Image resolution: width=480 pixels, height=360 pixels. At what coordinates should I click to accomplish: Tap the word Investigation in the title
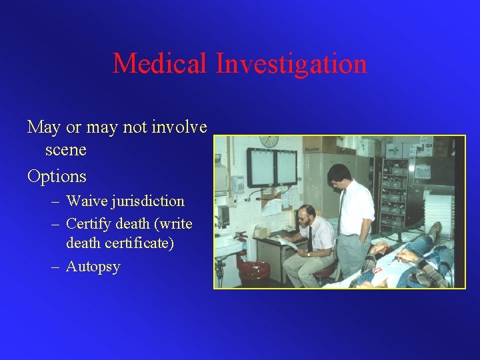point(291,64)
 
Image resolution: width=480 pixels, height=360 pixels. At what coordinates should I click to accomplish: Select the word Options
point(57,177)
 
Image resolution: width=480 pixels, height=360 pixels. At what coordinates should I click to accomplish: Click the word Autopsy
point(93,267)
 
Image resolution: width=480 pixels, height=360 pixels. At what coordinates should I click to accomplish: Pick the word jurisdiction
point(150,201)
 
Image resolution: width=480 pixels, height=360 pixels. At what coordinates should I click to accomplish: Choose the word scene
point(66,150)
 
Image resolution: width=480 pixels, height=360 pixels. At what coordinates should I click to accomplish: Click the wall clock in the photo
point(269,141)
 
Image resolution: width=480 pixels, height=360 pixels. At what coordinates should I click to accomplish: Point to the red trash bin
point(253,271)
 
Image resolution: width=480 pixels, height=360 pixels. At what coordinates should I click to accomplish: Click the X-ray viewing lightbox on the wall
point(272,167)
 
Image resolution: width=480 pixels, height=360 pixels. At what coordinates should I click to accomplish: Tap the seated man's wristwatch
point(308,255)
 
